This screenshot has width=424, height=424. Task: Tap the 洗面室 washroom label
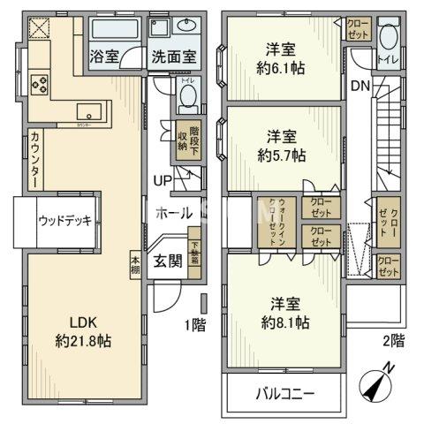[x=170, y=57]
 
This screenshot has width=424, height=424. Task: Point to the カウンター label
[x=34, y=159]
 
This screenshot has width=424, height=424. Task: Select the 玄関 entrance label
[x=168, y=261]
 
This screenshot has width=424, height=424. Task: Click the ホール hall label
[x=173, y=212]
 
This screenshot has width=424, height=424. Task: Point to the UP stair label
[x=163, y=181]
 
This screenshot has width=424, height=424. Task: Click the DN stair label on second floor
[x=360, y=86]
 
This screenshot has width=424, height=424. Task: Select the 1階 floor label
[x=194, y=325]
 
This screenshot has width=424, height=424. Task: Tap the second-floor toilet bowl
[x=387, y=41]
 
